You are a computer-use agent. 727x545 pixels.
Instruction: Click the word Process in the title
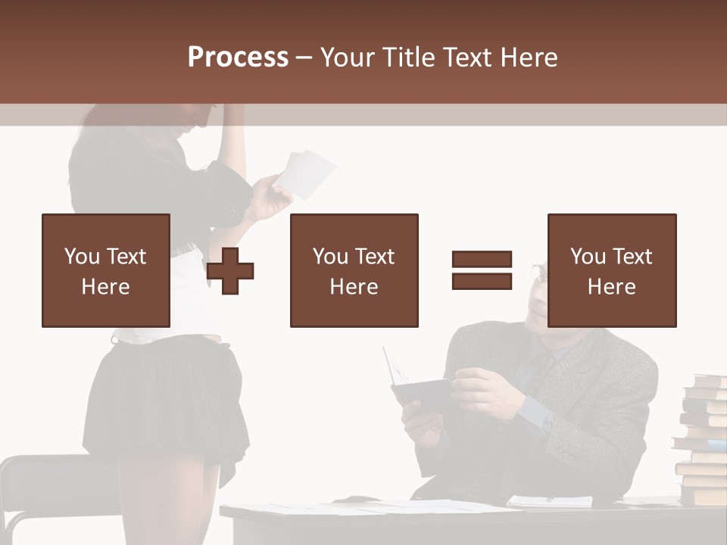(x=238, y=58)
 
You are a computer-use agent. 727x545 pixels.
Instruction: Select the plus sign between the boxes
(x=230, y=271)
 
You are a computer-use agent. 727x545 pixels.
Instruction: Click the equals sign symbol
(x=482, y=270)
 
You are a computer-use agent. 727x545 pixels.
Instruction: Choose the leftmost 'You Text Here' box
(x=105, y=271)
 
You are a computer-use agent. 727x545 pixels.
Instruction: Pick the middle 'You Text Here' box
(x=354, y=271)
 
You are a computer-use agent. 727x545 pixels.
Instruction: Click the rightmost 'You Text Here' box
(x=611, y=271)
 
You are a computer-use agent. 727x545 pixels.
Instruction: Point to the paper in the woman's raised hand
(x=306, y=173)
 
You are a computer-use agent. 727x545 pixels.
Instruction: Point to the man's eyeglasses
(x=539, y=274)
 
